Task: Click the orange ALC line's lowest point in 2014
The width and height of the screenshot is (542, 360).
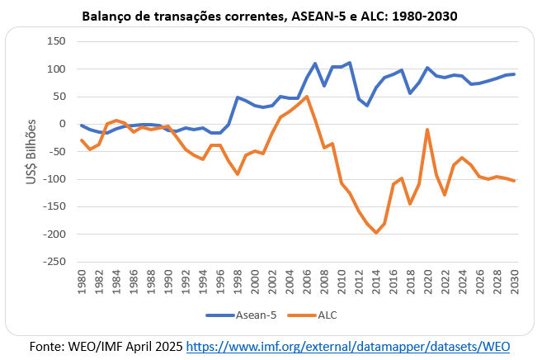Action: (376, 233)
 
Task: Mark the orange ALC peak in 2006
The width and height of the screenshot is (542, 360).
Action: (307, 97)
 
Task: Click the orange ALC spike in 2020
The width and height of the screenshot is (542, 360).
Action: (428, 129)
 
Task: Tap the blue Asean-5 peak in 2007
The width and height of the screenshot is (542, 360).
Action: (315, 64)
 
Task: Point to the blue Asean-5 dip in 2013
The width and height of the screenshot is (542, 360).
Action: (367, 106)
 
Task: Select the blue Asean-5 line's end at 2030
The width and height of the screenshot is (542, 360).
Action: (515, 74)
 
